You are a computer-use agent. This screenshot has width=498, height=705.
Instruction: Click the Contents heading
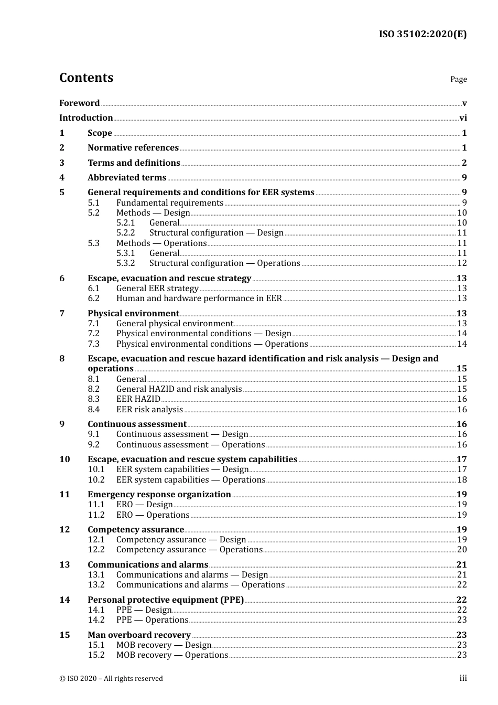[x=86, y=78]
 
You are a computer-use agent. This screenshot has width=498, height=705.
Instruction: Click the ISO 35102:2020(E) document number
[x=423, y=34]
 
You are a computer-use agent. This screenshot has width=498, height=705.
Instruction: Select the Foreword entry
[x=79, y=103]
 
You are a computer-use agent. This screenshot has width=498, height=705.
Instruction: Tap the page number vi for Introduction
[x=463, y=118]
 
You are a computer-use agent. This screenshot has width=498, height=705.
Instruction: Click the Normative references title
[x=133, y=148]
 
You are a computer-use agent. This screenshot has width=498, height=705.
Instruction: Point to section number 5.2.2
[x=126, y=233]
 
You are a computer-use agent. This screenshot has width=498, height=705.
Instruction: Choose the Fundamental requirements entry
[x=170, y=203]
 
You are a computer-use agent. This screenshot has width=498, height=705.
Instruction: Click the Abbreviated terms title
[x=127, y=178]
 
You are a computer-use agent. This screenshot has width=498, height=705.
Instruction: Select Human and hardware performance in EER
[x=199, y=298]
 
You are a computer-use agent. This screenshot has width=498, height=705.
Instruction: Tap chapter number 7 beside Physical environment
[x=62, y=314]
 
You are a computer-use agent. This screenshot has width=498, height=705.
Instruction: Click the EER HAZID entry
[x=138, y=399]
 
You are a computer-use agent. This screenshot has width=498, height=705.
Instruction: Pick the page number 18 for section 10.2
[x=462, y=480]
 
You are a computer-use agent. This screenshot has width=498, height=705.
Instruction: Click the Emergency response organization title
[x=159, y=495]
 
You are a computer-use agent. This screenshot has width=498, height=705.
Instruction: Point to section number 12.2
[x=96, y=550]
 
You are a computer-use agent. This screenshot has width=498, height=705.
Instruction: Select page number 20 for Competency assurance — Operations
[x=462, y=550]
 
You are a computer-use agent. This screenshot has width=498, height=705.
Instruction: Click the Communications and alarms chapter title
[x=148, y=565]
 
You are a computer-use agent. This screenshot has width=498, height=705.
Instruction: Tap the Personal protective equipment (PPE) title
[x=166, y=600]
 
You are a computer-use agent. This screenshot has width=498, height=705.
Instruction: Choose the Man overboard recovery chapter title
[x=139, y=635]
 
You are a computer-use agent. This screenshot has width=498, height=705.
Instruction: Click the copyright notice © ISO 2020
[x=111, y=679]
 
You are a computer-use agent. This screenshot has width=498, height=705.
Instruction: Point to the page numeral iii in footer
[x=463, y=678]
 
